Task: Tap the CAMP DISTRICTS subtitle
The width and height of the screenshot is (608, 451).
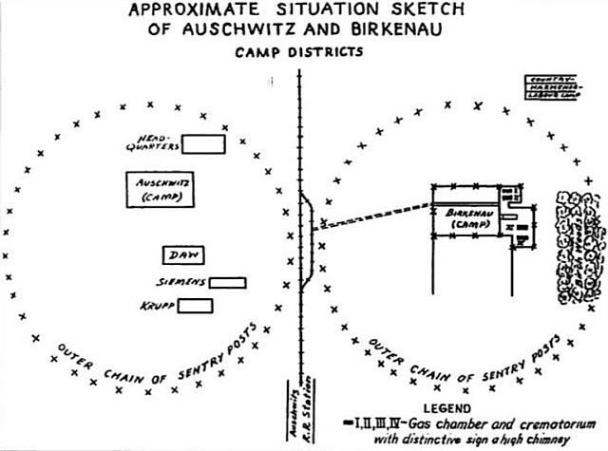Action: point(299,51)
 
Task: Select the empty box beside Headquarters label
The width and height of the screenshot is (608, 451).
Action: point(203,143)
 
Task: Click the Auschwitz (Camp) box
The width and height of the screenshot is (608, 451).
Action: point(153,189)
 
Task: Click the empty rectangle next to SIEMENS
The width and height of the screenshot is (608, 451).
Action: point(227,282)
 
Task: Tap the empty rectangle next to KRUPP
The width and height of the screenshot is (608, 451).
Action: point(195,305)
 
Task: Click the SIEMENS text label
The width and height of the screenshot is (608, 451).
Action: point(180,282)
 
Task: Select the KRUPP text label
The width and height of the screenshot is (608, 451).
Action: point(155,305)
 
